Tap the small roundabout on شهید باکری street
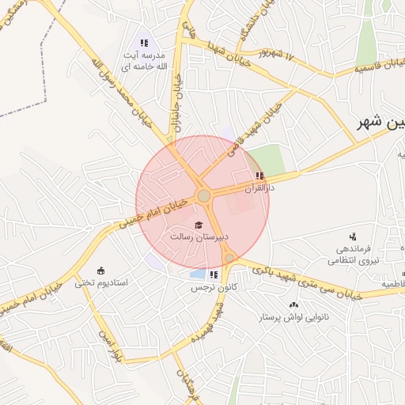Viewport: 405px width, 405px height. [x=229, y=258]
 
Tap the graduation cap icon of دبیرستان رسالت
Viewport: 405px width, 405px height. [x=198, y=225]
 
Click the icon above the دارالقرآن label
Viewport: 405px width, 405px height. [x=259, y=176]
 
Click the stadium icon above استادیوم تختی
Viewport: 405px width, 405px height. [x=100, y=271]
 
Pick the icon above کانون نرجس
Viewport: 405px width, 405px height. [x=214, y=275]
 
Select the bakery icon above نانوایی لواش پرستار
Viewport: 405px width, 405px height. [x=294, y=305]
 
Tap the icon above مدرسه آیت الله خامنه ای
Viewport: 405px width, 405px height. [x=144, y=43]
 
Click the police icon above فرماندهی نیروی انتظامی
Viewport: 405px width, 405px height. [x=353, y=236]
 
